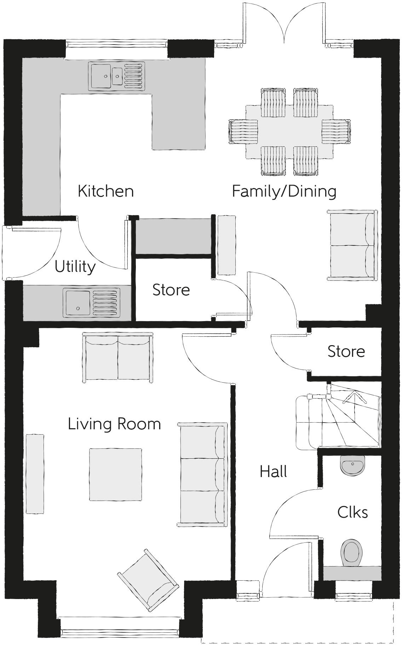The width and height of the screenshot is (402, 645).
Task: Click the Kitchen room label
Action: point(105,191)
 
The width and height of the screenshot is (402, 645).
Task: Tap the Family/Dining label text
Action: point(284,191)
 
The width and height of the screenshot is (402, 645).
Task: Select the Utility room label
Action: point(75,267)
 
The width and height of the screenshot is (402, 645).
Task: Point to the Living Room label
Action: point(114,424)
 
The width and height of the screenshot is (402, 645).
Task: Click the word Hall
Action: point(273,472)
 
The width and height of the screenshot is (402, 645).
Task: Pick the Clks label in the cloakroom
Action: point(352,512)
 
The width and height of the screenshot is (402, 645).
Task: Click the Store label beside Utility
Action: point(171,290)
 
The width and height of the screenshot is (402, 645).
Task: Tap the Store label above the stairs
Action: point(346,351)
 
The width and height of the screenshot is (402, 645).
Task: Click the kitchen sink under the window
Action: point(116,75)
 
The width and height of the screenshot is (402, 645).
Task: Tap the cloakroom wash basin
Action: point(352,464)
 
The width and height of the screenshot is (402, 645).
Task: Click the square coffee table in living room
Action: point(115,475)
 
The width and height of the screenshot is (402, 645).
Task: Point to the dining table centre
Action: point(289,132)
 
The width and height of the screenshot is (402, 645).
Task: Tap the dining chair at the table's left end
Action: point(243,131)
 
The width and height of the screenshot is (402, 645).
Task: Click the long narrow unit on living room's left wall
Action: point(35,474)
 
